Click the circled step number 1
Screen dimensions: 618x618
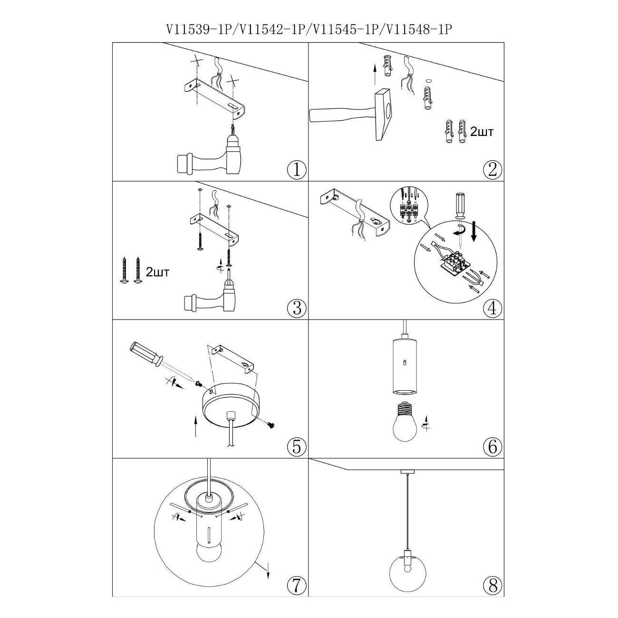[x=297, y=169]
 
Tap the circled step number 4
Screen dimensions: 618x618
[x=492, y=308]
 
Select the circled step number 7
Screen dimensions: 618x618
[x=297, y=585]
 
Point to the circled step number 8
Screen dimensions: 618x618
[x=492, y=585]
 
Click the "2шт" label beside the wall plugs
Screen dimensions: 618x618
[x=482, y=132]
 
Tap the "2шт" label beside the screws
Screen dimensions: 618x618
[x=157, y=272]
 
